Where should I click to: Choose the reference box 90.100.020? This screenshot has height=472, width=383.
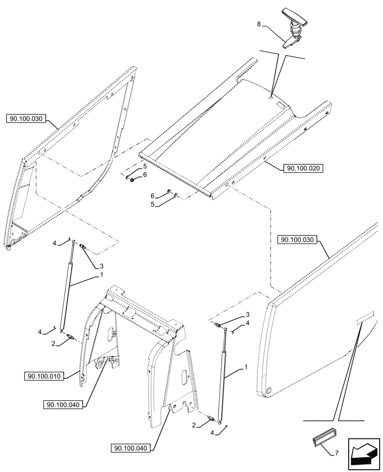(303, 168)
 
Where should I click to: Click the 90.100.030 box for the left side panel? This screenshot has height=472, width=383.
(26, 119)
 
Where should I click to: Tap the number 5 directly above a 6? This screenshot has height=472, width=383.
(145, 167)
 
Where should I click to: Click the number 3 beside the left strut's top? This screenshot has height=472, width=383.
(101, 266)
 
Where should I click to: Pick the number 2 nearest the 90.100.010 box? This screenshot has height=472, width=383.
(55, 345)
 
